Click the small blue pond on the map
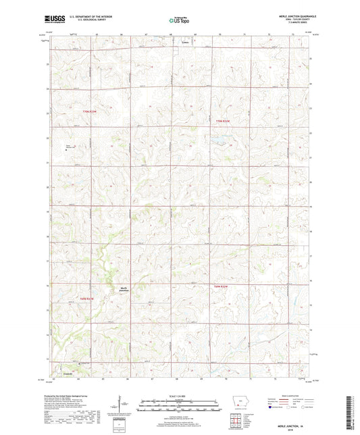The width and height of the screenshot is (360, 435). coord(220,141)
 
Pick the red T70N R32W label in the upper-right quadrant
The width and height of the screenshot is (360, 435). coord(223,121)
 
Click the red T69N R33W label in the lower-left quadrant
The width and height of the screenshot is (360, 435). coord(90,298)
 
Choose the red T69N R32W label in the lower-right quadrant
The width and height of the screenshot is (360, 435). coord(222,287)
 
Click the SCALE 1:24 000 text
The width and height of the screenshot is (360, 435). coord(180,395)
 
